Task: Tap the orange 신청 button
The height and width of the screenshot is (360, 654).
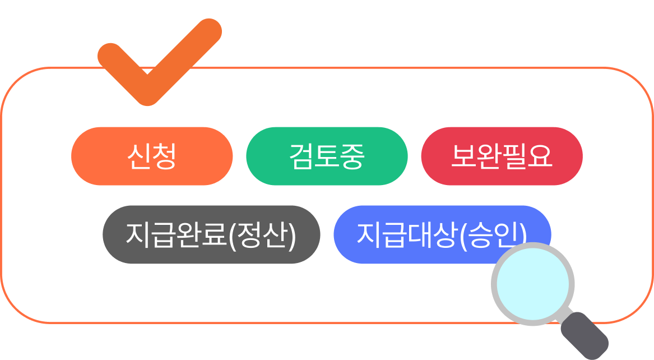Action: (152, 156)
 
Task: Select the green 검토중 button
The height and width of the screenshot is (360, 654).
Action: (327, 156)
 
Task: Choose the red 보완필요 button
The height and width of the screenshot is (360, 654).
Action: (502, 156)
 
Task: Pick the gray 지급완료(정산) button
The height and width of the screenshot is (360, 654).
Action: (211, 235)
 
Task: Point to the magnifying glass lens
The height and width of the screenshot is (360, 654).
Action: (533, 284)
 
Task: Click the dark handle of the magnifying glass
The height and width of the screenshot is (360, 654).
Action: (585, 335)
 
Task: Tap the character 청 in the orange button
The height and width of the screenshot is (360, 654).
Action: (165, 156)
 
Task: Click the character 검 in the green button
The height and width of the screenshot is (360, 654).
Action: (302, 156)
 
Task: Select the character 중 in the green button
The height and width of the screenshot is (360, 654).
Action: (352, 156)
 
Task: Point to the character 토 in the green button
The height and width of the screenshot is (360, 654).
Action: (327, 156)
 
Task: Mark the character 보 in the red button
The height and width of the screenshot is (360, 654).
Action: (464, 156)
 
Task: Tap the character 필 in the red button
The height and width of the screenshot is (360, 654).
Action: (514, 156)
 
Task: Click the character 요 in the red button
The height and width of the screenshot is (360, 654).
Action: (540, 156)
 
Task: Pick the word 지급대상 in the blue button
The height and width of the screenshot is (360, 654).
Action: (407, 235)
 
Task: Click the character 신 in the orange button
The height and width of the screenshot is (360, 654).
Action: (140, 156)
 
